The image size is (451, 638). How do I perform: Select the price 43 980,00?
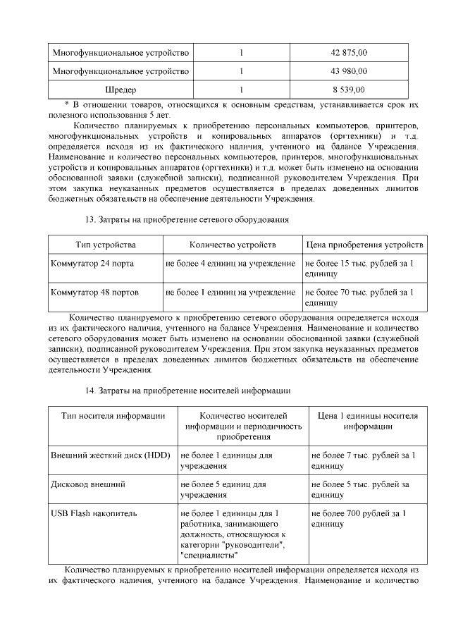click(x=348, y=71)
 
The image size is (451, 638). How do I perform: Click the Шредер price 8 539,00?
click(x=348, y=90)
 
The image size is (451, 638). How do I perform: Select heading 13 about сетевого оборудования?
click(x=187, y=219)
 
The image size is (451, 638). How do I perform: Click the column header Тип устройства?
click(x=105, y=245)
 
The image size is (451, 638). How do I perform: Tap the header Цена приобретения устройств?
click(x=364, y=245)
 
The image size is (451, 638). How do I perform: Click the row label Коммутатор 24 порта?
click(x=92, y=264)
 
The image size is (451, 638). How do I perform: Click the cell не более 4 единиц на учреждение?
click(x=230, y=264)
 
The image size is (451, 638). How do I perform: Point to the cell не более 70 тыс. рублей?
click(x=359, y=296)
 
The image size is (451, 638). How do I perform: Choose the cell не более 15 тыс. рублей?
click(x=359, y=269)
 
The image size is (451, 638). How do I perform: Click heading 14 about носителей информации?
click(x=187, y=390)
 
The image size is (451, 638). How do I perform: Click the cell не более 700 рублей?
click(x=358, y=519)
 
